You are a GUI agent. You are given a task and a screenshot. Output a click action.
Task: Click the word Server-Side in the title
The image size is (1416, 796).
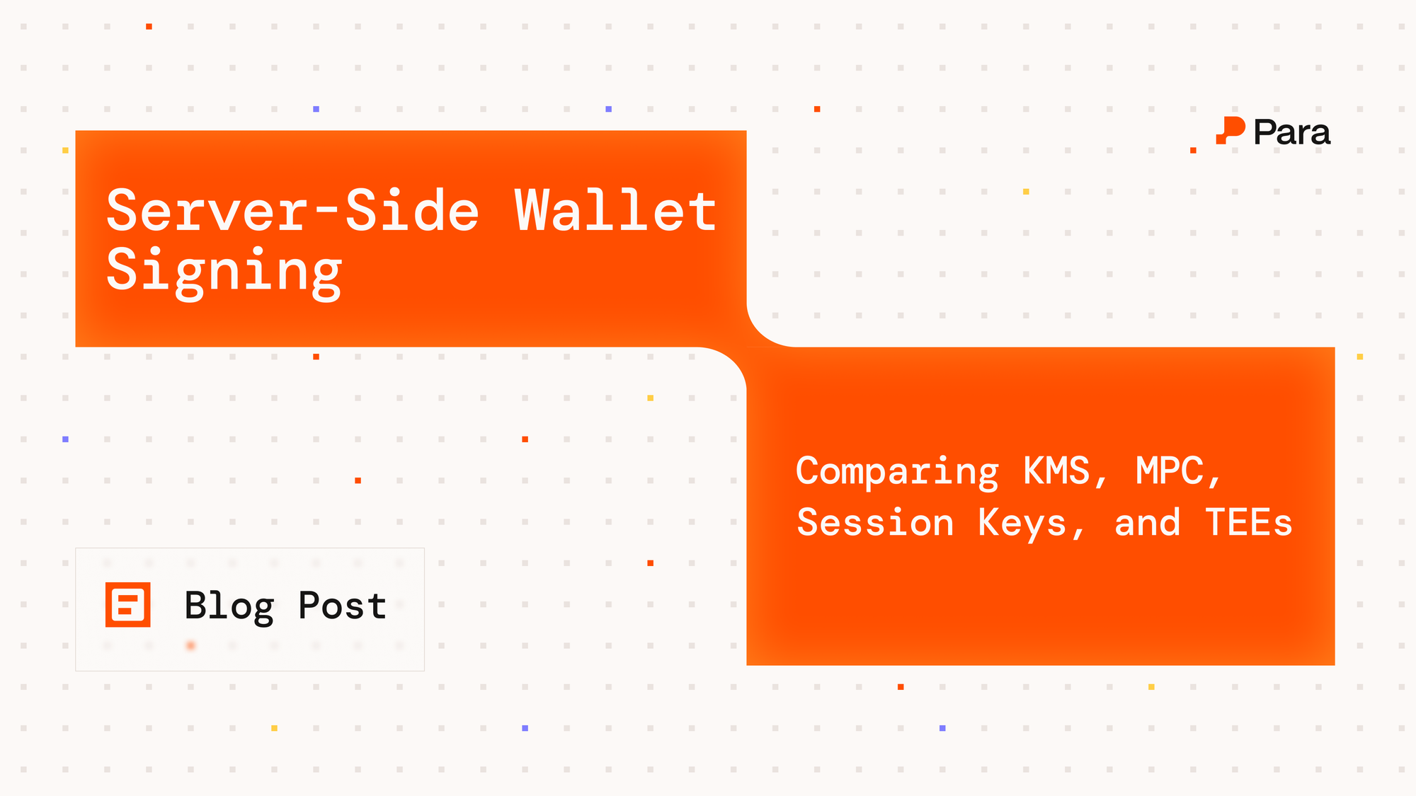(292, 211)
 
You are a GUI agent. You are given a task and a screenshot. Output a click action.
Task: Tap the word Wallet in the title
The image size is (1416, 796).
(615, 211)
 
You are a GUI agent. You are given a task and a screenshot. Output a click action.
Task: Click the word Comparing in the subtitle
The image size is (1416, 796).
(897, 472)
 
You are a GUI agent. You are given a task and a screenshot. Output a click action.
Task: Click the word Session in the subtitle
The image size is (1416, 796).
(875, 523)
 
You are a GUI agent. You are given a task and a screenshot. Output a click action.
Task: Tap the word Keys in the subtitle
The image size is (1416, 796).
(1022, 523)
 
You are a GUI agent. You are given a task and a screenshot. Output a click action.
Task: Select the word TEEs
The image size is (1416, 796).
(1248, 523)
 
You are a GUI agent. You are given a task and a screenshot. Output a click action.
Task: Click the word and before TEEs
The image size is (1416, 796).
(1147, 523)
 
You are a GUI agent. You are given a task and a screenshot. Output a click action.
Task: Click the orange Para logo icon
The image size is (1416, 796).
(1231, 131)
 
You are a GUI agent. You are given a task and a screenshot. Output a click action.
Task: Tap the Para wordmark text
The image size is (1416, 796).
(1291, 132)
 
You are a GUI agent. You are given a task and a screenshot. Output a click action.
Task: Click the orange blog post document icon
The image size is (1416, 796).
(128, 605)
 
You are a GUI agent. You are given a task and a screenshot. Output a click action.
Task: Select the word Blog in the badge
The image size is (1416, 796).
(229, 606)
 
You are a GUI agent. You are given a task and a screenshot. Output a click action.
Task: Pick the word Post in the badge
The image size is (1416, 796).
(342, 606)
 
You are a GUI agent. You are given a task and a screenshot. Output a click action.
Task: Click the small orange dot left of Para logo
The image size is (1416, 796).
(1193, 150)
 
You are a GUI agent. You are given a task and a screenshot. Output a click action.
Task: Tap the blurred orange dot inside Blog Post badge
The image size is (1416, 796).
(190, 645)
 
